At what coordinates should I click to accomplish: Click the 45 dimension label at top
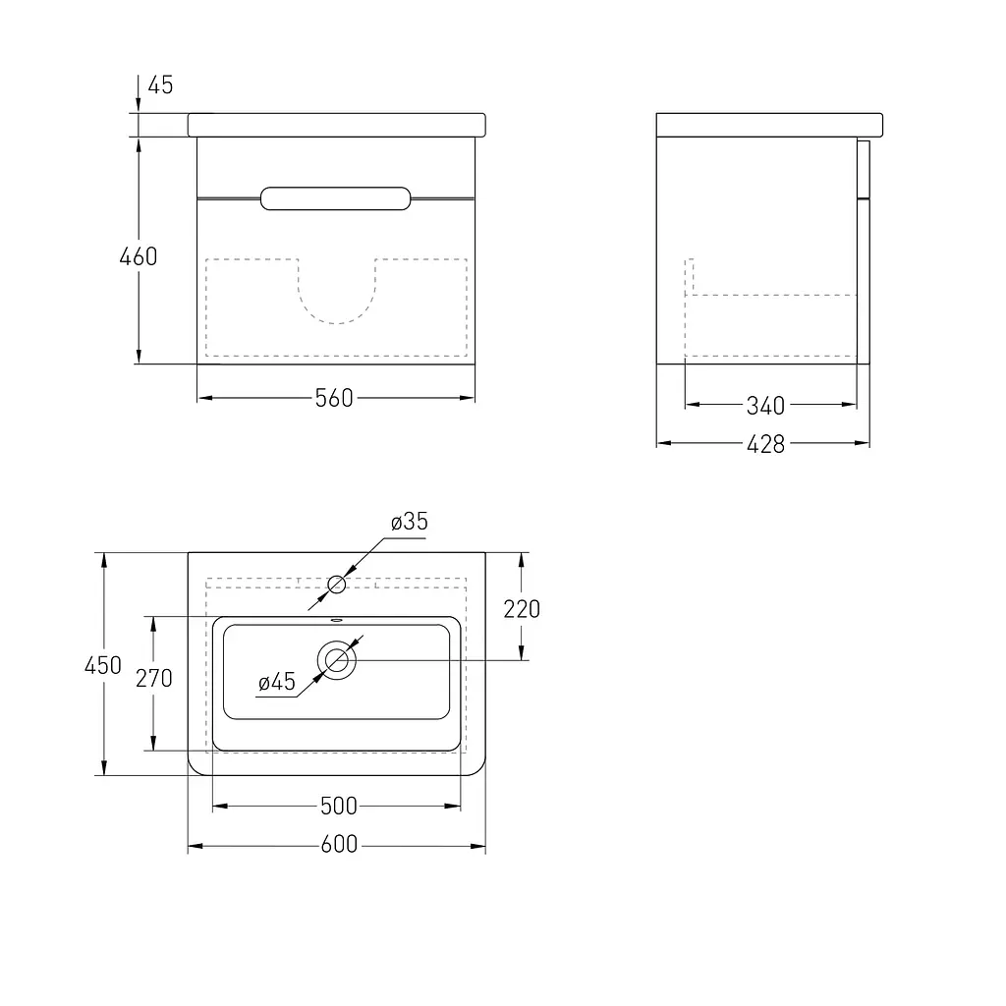(x=160, y=84)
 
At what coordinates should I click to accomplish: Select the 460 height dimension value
(x=138, y=256)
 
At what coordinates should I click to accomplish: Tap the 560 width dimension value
(x=334, y=399)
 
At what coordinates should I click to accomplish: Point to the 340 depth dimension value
(x=765, y=406)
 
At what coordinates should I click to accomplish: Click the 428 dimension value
(x=765, y=444)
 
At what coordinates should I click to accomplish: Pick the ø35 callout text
(x=410, y=522)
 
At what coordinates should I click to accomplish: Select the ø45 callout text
(x=276, y=682)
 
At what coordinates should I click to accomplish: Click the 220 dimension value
(x=522, y=609)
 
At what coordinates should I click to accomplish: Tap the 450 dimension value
(x=102, y=665)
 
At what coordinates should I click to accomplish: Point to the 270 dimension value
(x=154, y=678)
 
